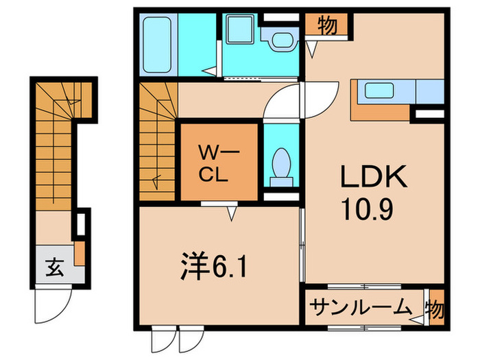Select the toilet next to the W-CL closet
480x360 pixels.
[x=281, y=165]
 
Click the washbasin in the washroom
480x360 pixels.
[x=281, y=40]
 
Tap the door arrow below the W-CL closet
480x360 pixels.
[x=231, y=215]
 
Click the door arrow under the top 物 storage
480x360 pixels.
[x=313, y=50]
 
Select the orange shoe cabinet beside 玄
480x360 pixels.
[x=80, y=252]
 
